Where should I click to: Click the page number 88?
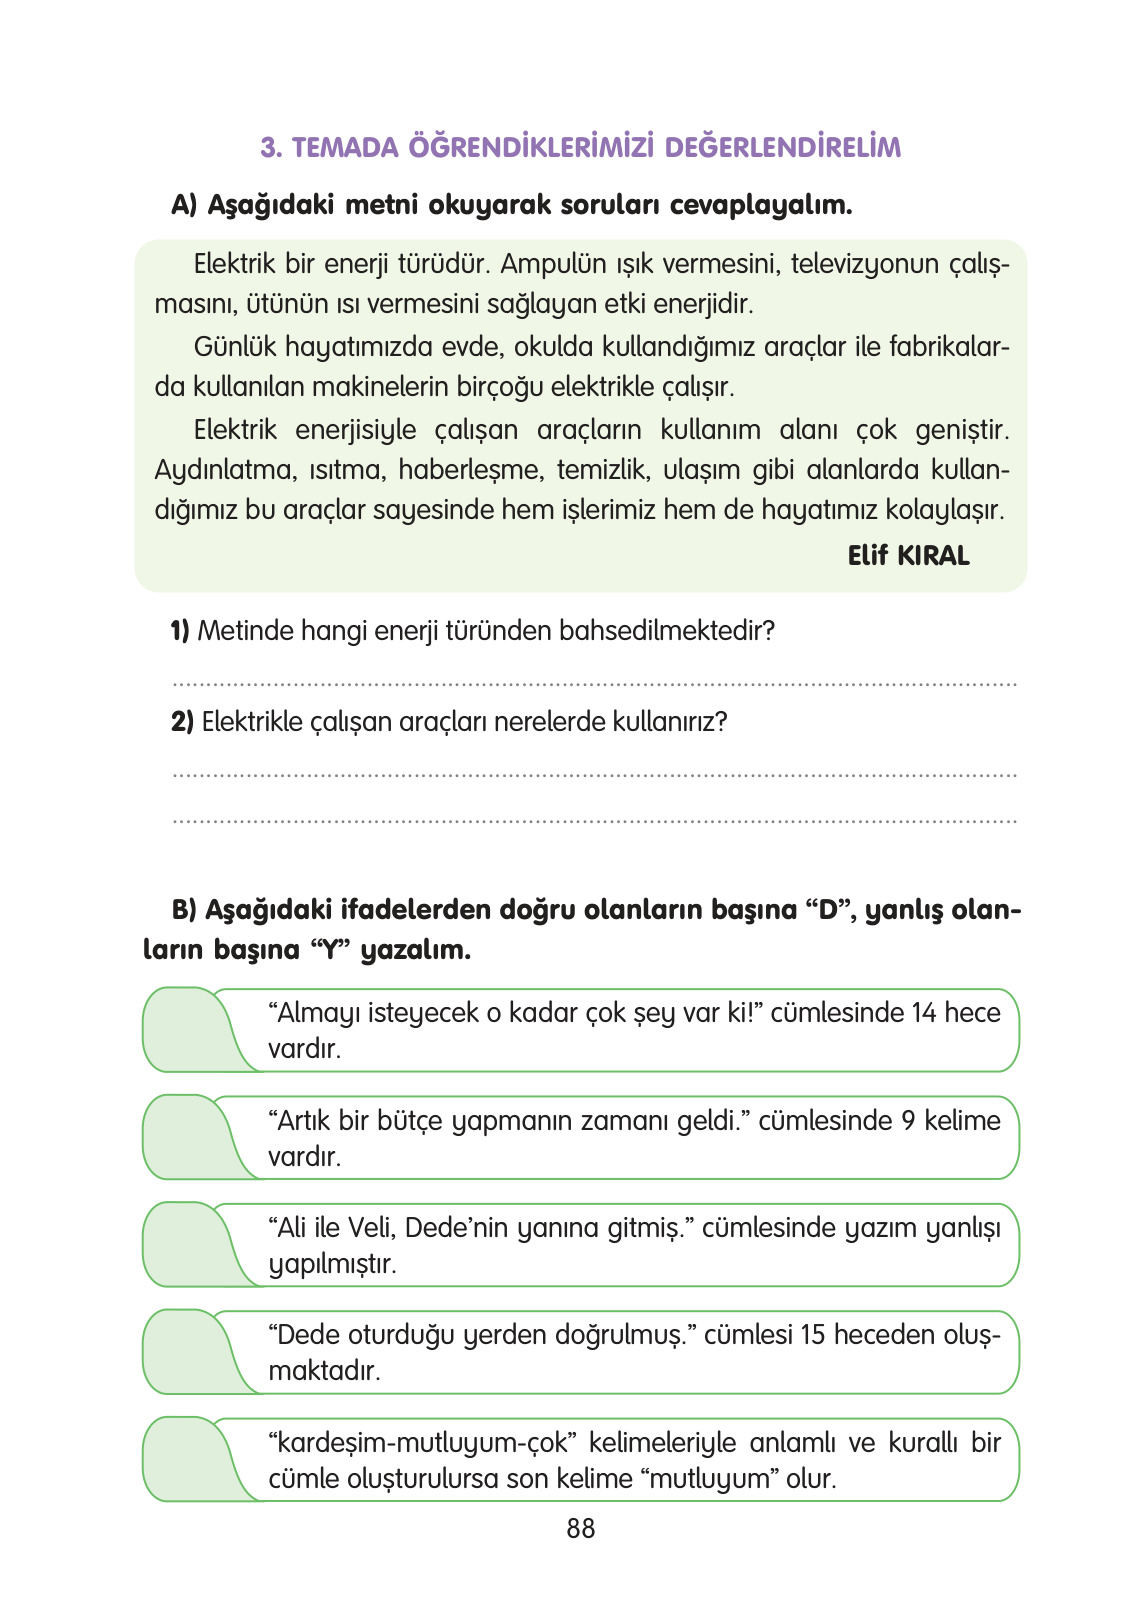pyautogui.click(x=580, y=1528)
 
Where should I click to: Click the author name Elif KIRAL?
pyautogui.click(x=908, y=556)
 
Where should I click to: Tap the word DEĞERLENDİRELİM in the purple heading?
pyautogui.click(x=782, y=147)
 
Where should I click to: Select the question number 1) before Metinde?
pyautogui.click(x=180, y=631)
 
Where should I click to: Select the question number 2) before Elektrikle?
pyautogui.click(x=182, y=722)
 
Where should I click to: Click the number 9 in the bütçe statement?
pyautogui.click(x=908, y=1120)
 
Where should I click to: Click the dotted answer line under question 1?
pyautogui.click(x=594, y=685)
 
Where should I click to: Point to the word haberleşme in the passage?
pyautogui.click(x=470, y=470)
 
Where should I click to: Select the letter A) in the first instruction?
pyautogui.click(x=185, y=205)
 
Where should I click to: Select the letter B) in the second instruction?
pyautogui.click(x=185, y=910)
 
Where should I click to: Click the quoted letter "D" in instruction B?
pyautogui.click(x=826, y=910)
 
